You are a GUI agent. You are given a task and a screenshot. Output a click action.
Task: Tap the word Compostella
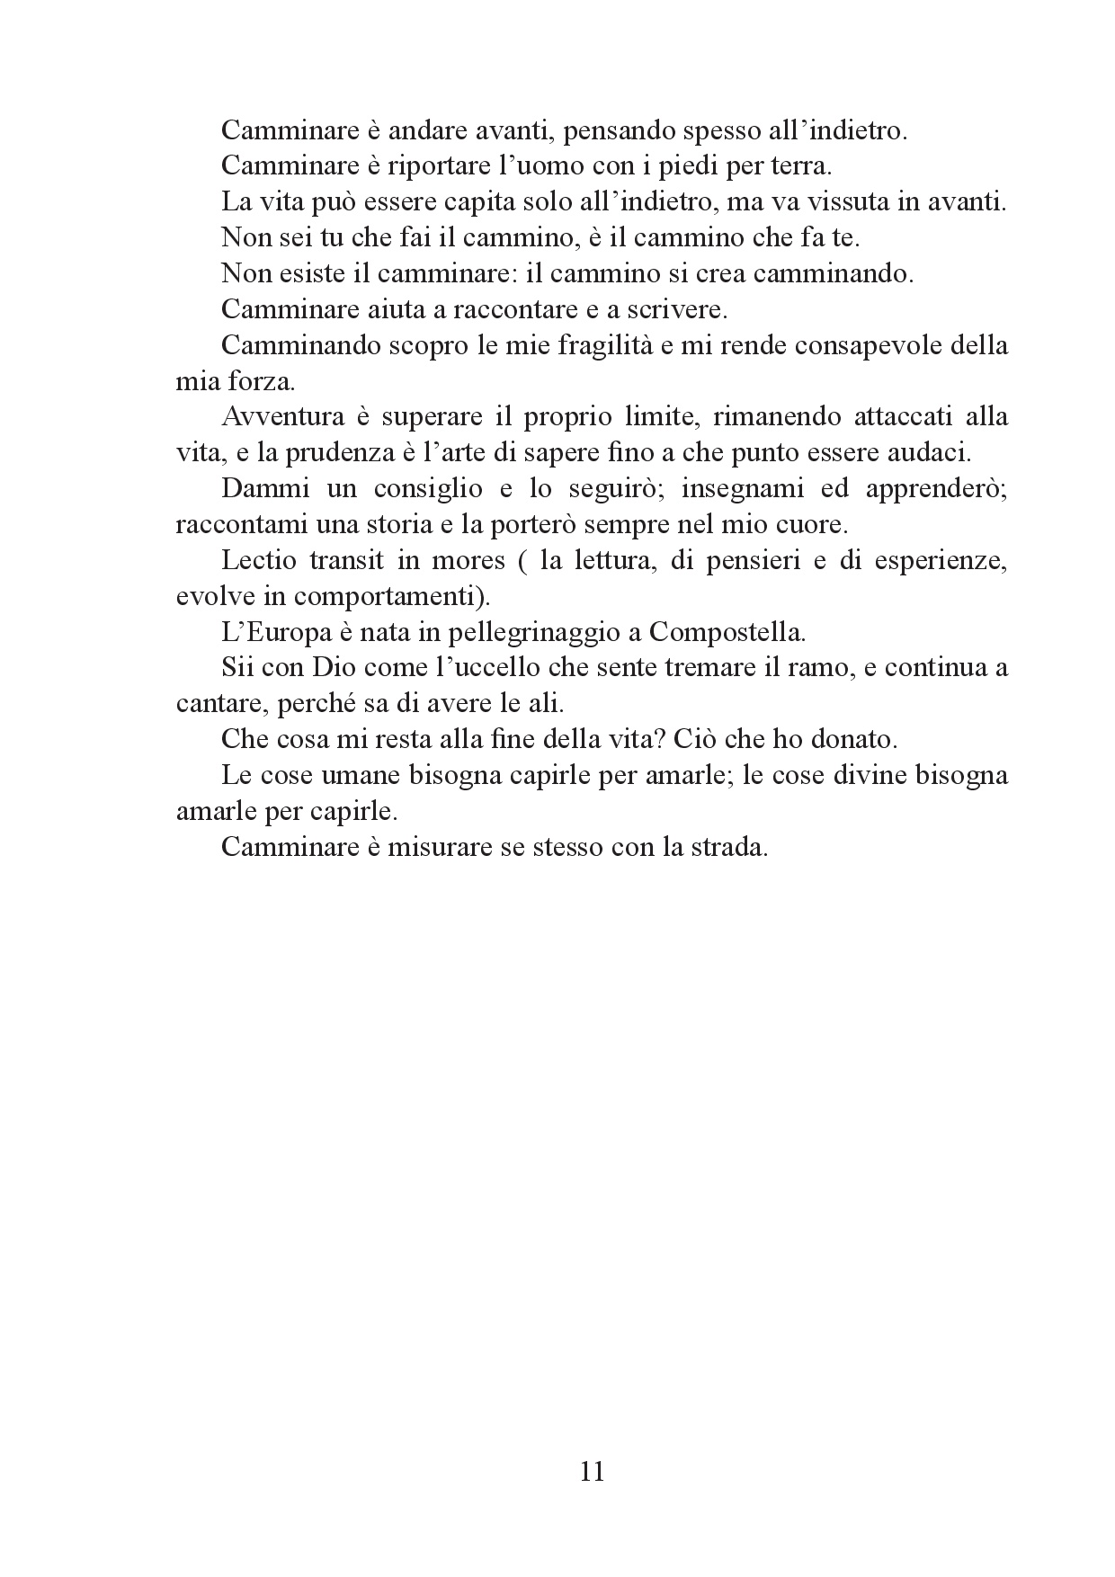[x=727, y=632]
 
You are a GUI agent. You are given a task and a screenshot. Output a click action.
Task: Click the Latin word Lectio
[x=259, y=560]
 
